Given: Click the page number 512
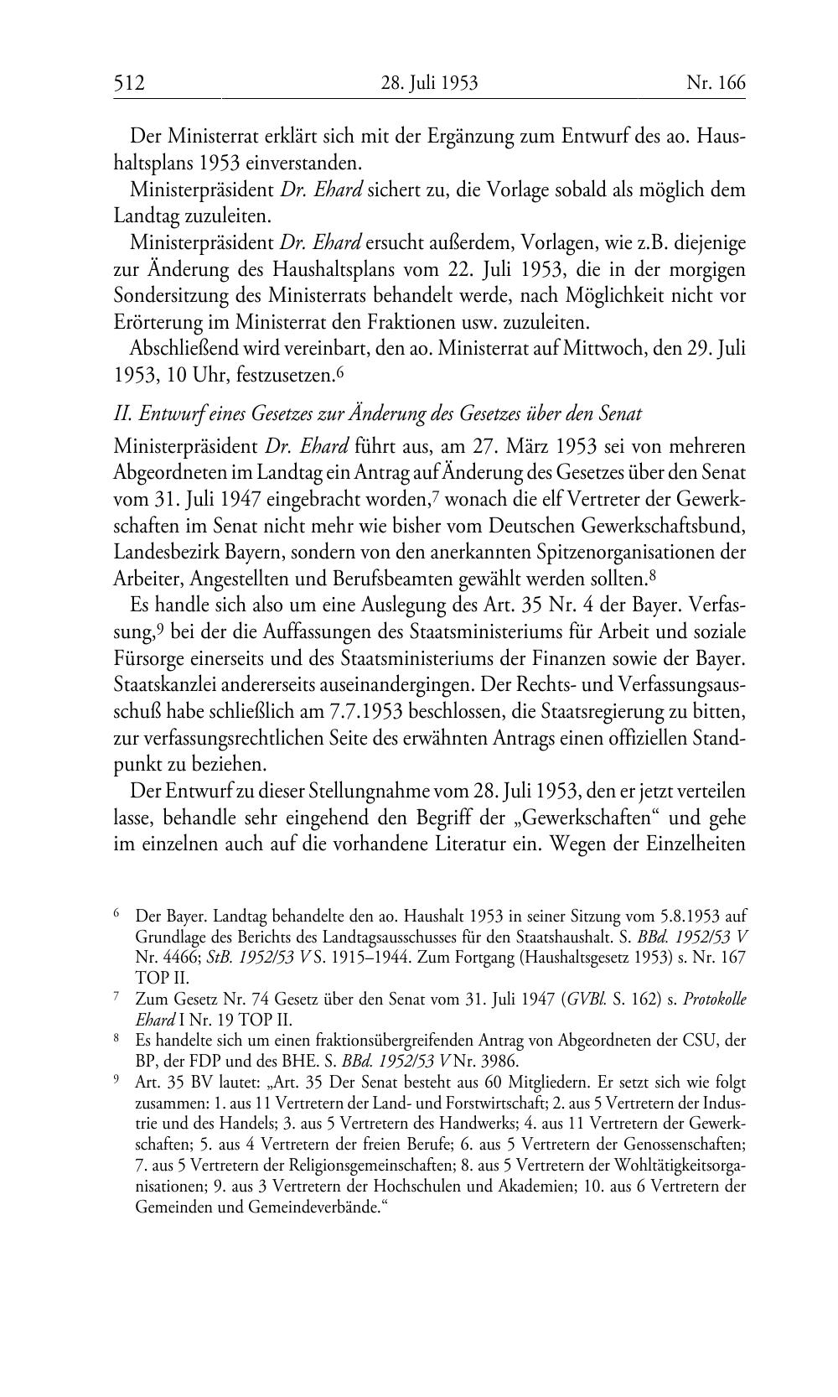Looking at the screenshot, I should (130, 83).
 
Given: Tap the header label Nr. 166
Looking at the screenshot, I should (715, 83).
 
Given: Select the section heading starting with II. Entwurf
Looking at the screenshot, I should (378, 413).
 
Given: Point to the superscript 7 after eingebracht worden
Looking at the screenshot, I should (436, 496).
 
